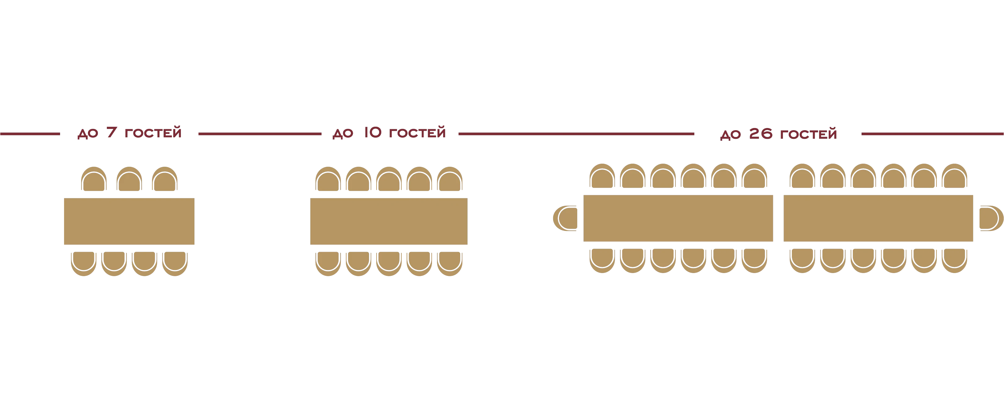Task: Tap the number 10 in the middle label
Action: click(x=373, y=132)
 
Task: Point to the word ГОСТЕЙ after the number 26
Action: click(x=808, y=133)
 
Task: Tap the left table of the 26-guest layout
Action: click(x=678, y=218)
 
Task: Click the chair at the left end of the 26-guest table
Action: click(x=565, y=218)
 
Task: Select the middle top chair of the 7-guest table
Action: click(x=129, y=179)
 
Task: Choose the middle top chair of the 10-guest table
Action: click(x=389, y=179)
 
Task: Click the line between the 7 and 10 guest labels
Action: click(x=260, y=134)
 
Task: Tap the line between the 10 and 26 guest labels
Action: click(x=576, y=134)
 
